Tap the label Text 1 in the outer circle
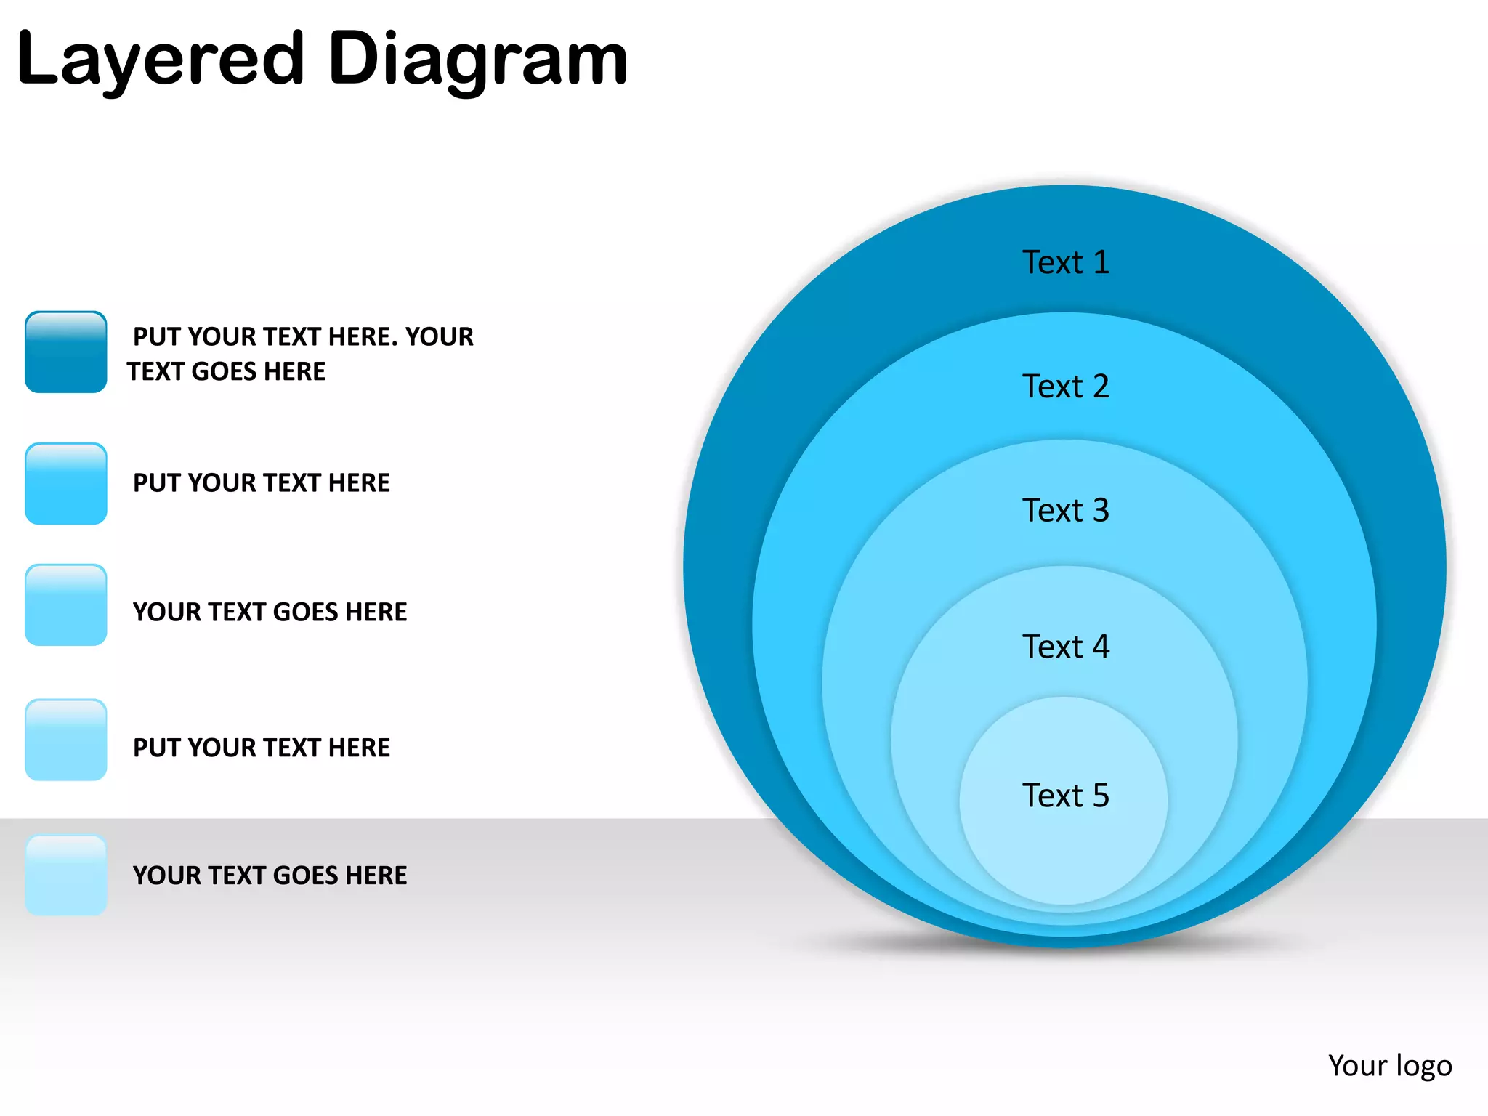pos(1065,262)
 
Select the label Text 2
pos(1065,387)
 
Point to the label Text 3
pos(1065,511)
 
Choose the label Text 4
pos(1065,647)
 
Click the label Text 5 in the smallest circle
pos(1065,796)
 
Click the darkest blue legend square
pos(66,352)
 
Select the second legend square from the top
pos(66,484)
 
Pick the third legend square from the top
pos(66,604)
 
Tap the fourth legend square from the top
pos(66,740)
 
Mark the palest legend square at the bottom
pos(66,875)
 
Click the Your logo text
pos(1389,1066)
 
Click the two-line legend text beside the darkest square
pos(300,354)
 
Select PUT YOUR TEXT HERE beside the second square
pos(262,483)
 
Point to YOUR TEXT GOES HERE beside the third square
pos(270,612)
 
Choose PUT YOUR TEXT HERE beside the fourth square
pos(262,748)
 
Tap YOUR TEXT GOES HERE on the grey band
pos(270,876)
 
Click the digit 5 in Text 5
pos(1101,796)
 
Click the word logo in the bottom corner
pos(1423,1067)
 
